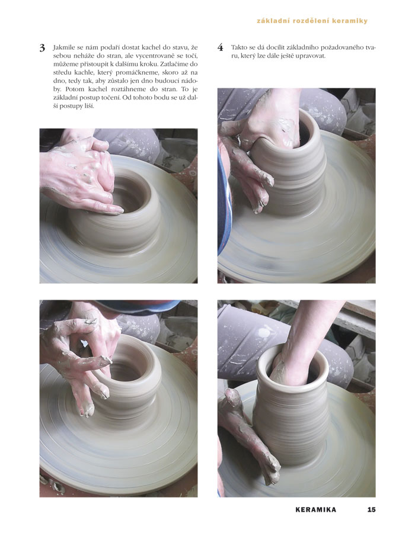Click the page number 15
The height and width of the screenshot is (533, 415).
(372, 509)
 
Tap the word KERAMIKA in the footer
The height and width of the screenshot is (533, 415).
(315, 509)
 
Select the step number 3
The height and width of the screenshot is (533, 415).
(42, 48)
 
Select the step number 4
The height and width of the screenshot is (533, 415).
(221, 47)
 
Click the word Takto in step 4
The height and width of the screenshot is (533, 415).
(239, 47)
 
